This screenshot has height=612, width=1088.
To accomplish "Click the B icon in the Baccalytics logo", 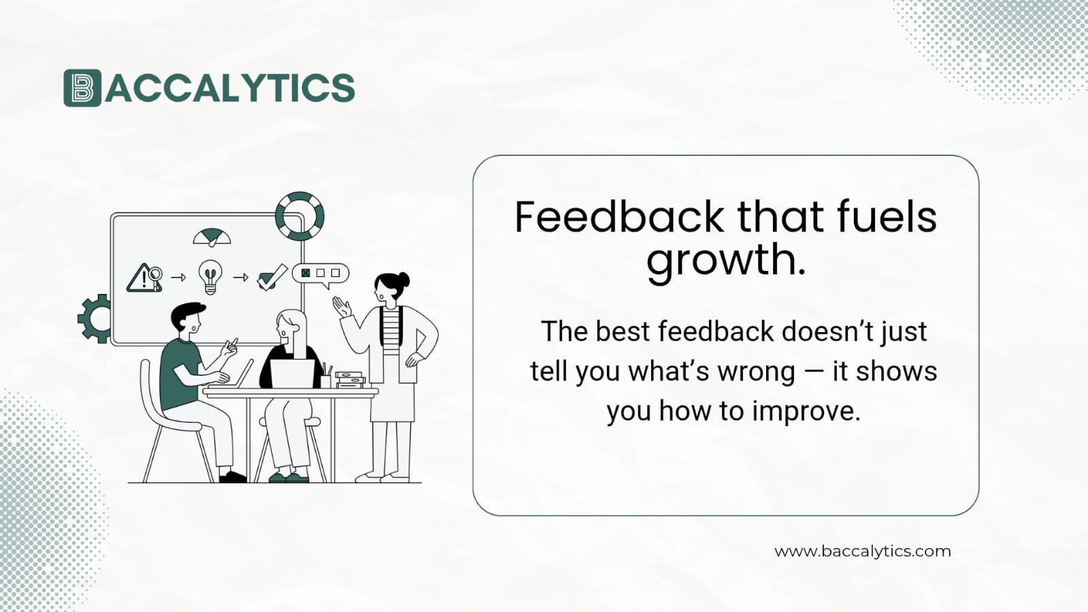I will tap(82, 88).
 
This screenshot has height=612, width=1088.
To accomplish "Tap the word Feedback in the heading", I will tap(619, 217).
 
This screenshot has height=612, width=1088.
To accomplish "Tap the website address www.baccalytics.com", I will tap(862, 551).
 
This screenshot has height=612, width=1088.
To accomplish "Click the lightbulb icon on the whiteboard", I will tap(210, 276).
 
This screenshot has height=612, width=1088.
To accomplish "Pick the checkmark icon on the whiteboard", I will tap(271, 277).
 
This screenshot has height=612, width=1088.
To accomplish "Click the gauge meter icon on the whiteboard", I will tap(212, 238).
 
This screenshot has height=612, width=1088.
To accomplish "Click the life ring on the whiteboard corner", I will tap(299, 216).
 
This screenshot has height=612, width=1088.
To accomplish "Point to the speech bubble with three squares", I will tap(320, 274).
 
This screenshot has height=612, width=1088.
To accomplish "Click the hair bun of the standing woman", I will tap(403, 279).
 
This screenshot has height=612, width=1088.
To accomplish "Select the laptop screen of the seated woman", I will tap(293, 373).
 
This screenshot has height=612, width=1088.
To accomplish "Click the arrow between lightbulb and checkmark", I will tap(240, 277).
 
